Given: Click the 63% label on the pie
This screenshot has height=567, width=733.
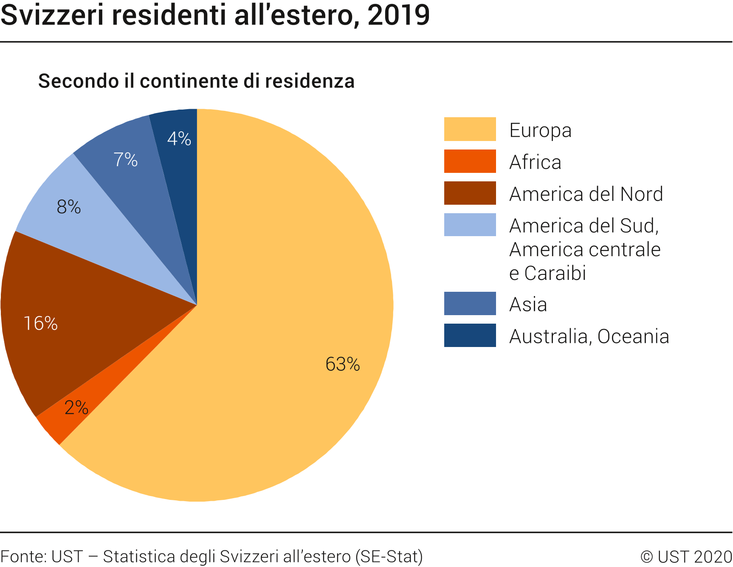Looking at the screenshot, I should tap(342, 364).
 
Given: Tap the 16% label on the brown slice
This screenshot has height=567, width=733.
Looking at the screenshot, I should tap(40, 324).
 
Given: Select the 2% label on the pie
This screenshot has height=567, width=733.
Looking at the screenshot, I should tap(76, 408).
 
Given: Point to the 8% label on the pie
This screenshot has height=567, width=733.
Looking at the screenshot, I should tap(68, 207).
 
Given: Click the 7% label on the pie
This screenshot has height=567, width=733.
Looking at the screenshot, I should tap(125, 160).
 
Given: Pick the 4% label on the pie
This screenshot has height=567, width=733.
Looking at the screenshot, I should tap(179, 138).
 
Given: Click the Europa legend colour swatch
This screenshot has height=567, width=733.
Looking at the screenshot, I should tap(470, 129).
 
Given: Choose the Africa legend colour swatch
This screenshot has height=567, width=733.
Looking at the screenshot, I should tap(470, 161).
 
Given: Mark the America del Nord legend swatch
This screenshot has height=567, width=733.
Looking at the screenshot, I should tap(470, 193).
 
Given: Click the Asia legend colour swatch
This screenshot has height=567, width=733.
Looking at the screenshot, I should tap(470, 304).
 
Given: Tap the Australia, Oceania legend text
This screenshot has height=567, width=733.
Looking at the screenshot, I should tap(589, 336).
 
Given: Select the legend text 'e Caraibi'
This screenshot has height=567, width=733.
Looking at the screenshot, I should tap(547, 273).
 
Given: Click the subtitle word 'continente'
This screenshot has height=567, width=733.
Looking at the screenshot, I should tap(189, 81).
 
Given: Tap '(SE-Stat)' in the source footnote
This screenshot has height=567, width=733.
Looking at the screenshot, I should tap(389, 556).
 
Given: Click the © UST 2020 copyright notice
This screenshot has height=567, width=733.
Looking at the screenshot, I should tap(686, 556).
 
